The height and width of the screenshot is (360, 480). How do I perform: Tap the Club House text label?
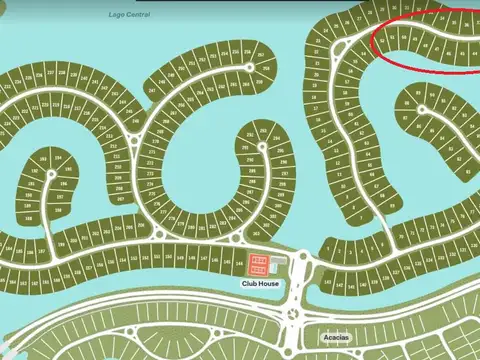click(x=260, y=284)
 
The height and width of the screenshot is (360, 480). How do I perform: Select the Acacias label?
click(x=335, y=337)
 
